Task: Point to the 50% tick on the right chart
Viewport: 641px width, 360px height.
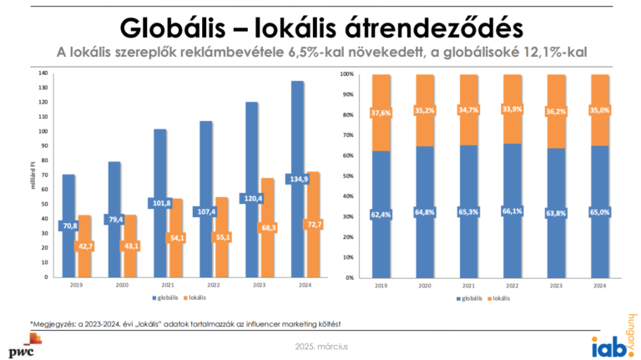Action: pos(348,176)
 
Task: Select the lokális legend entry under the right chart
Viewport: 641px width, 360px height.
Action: pos(500,297)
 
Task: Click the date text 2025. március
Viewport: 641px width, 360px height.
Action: pos(320,346)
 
